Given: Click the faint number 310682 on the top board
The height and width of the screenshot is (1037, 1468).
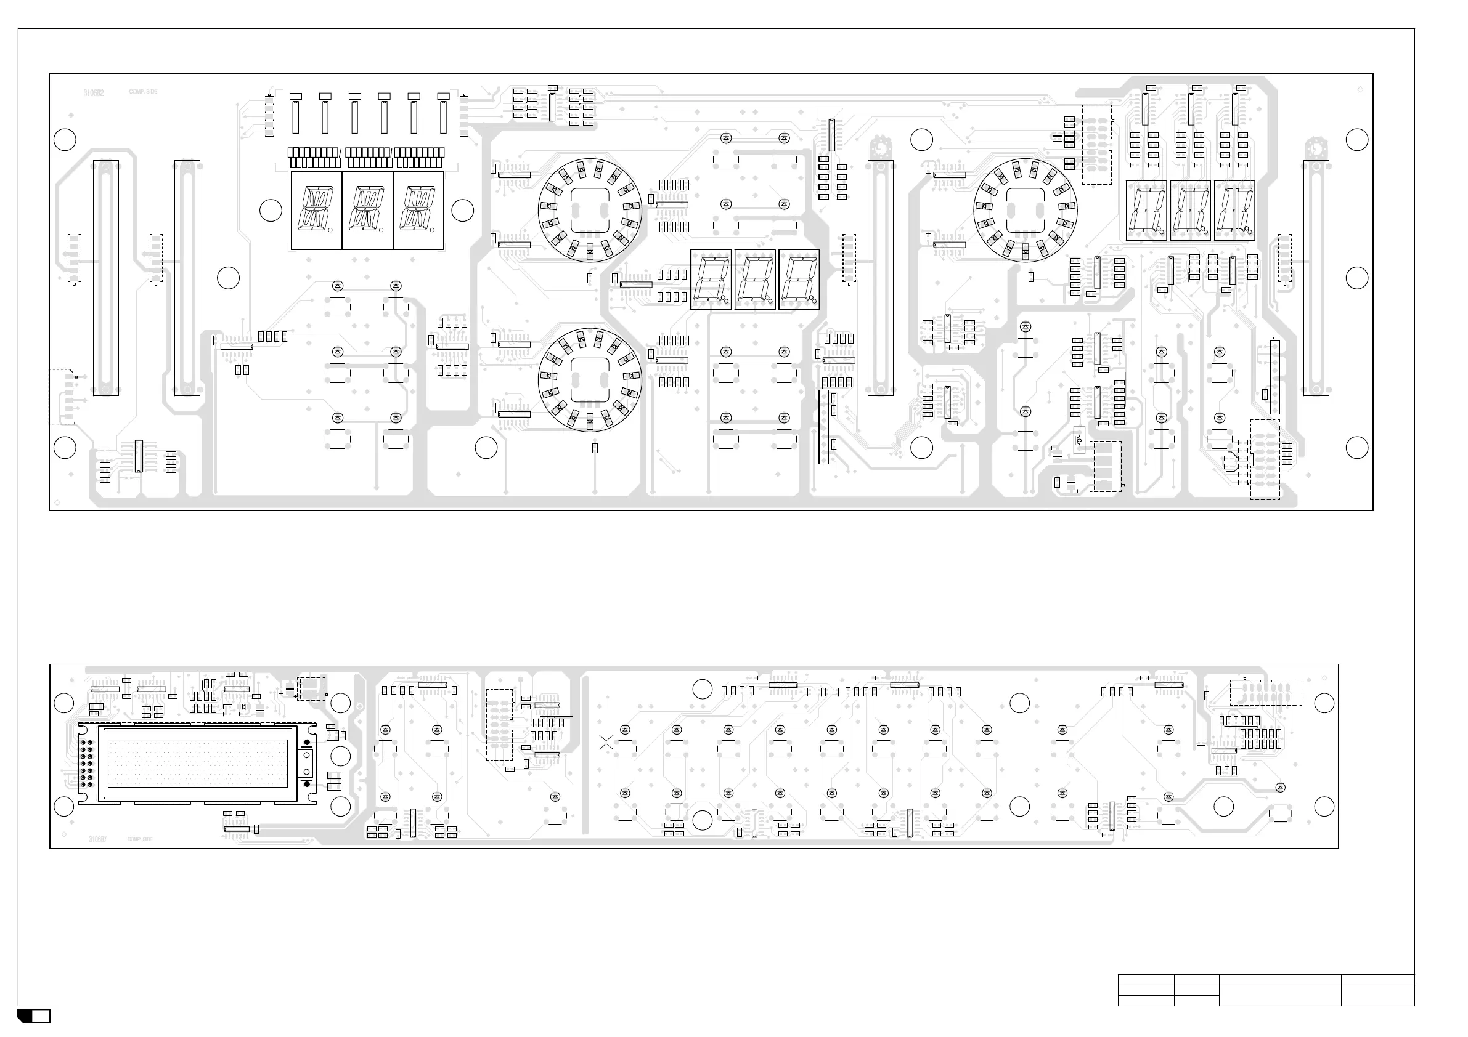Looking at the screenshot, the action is (x=93, y=92).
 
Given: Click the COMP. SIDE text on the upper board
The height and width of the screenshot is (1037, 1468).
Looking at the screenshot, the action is (x=142, y=91).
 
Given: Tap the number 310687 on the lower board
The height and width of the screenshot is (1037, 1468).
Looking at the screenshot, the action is (x=98, y=839).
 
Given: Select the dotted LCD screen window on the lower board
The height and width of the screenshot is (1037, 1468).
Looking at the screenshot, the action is (x=198, y=764).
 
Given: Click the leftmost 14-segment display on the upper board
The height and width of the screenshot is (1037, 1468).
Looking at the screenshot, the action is (x=316, y=210).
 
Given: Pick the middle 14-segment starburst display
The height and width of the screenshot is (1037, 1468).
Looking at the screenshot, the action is (x=367, y=210).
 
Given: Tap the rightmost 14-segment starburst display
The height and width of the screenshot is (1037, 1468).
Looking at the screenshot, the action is (x=418, y=210).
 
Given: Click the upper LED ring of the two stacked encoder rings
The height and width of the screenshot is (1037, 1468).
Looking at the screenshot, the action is (x=590, y=210).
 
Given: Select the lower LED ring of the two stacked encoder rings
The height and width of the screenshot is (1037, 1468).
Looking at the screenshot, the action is (x=590, y=380).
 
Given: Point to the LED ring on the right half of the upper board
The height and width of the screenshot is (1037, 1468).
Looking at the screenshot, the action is (x=1025, y=210).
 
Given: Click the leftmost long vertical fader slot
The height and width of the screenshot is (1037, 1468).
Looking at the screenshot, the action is (x=105, y=278).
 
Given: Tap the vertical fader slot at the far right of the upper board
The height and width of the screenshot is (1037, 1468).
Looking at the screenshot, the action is (x=1315, y=278).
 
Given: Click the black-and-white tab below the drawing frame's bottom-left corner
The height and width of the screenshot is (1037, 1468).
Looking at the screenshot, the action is (x=34, y=1016).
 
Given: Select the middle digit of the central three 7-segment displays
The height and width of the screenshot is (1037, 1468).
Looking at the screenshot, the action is (x=754, y=280).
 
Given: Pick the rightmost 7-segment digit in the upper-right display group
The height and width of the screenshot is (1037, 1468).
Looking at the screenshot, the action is (x=1234, y=210).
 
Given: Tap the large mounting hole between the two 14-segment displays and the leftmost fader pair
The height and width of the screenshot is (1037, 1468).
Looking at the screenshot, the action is (x=228, y=278).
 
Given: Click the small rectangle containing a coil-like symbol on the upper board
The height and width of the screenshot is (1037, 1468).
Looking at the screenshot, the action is (x=1079, y=440).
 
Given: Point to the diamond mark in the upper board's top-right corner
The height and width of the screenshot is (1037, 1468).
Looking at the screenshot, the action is (x=1360, y=89).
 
